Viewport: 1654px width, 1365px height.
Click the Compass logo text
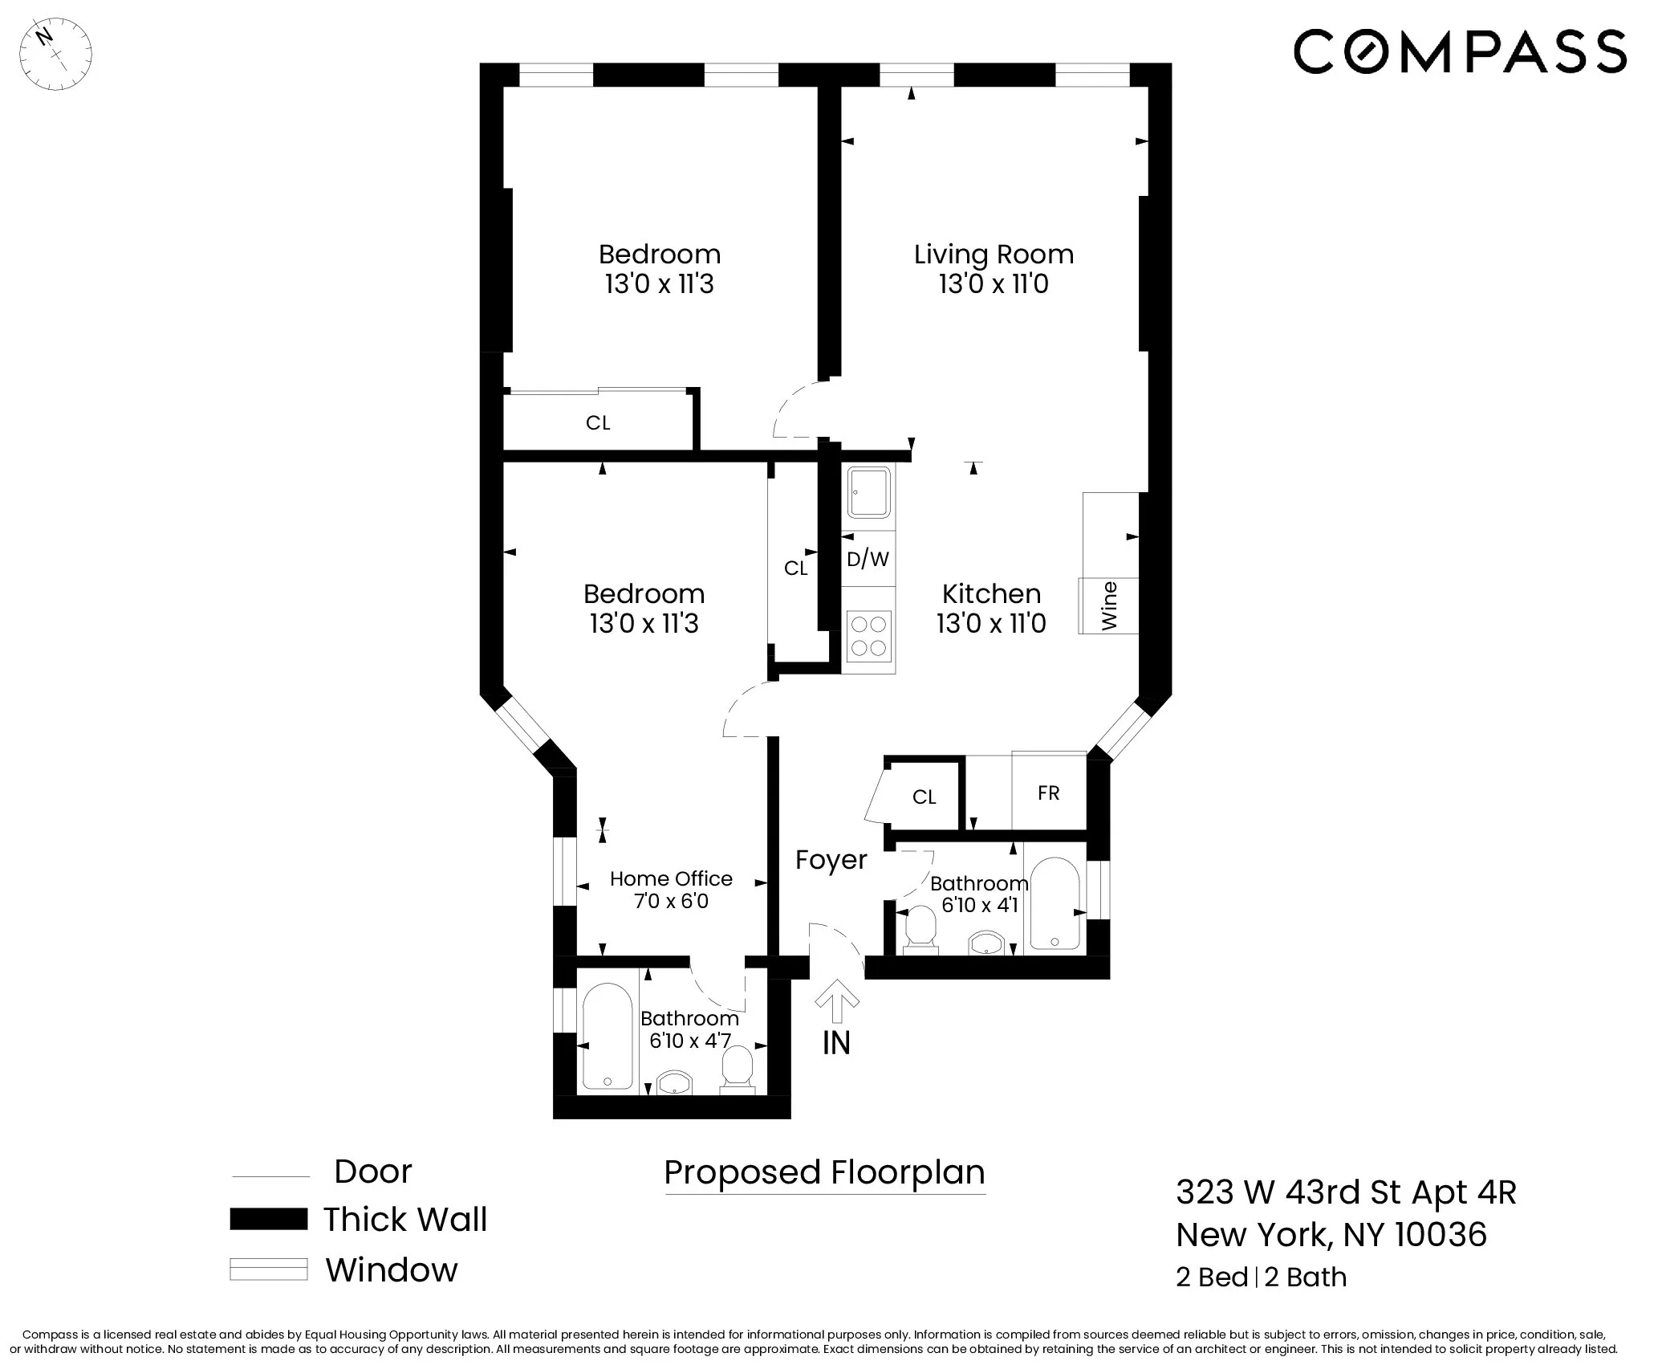click(x=1459, y=51)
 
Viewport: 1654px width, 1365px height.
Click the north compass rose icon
click(x=55, y=55)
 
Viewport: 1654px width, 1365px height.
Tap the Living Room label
click(x=994, y=255)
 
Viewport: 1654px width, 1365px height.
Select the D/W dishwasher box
click(x=868, y=559)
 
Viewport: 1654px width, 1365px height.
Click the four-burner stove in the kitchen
click(x=868, y=636)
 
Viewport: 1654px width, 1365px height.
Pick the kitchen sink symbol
click(x=869, y=492)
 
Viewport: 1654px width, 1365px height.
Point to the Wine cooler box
click(x=1109, y=605)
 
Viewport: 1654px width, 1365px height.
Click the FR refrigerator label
click(x=1048, y=793)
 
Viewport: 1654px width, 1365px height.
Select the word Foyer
click(x=831, y=860)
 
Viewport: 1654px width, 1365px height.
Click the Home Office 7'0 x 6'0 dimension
click(x=671, y=901)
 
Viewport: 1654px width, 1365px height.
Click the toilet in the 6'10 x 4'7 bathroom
click(x=737, y=1070)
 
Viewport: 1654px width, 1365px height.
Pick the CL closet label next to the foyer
click(x=924, y=797)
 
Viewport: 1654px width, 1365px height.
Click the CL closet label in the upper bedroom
click(x=598, y=423)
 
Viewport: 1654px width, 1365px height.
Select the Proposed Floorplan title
click(x=824, y=1172)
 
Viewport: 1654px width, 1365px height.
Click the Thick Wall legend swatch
click(x=268, y=1219)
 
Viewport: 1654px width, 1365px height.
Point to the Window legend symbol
click(x=268, y=1269)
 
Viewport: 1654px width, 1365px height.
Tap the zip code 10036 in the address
click(x=1441, y=1234)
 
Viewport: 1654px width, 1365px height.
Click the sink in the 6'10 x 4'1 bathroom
click(x=986, y=943)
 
